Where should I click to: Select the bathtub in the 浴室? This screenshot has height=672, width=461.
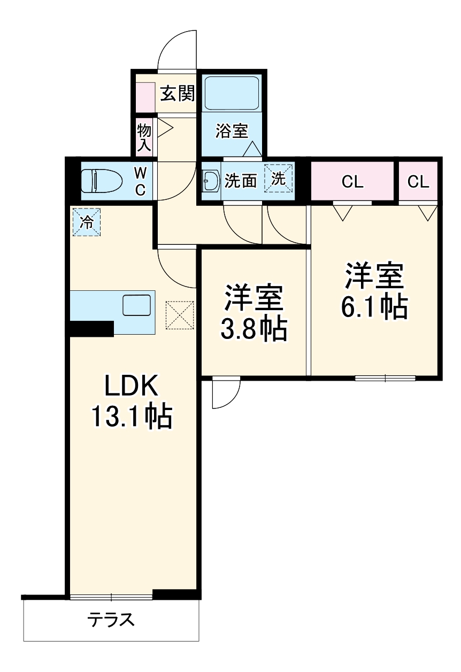coord(232,94)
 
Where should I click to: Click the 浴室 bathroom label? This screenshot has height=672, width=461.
coord(232,131)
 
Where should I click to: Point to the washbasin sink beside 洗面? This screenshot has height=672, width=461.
coord(209,181)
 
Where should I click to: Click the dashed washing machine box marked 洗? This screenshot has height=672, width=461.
coord(278,179)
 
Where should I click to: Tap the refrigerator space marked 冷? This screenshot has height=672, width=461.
coord(86,222)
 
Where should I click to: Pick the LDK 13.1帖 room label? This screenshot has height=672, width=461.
coord(130,401)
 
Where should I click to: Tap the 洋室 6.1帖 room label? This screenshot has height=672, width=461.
coord(374,291)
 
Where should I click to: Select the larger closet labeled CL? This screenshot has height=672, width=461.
coord(352,182)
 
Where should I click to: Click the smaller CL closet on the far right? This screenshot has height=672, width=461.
coord(418,182)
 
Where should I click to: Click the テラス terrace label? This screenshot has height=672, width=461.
coord(111,620)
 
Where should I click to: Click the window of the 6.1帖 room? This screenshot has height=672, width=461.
coord(385,378)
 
